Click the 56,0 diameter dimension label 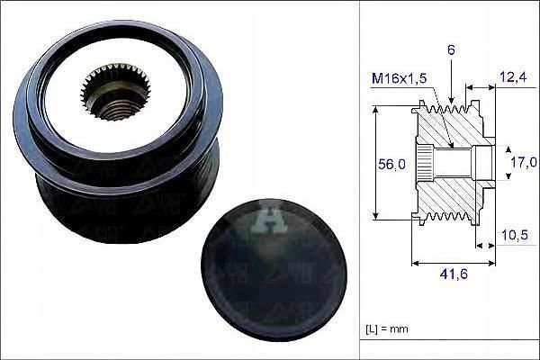click(x=391, y=165)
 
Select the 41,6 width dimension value click(x=454, y=274)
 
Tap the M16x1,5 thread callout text click(x=399, y=78)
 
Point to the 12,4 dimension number click(x=513, y=77)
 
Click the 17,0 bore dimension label click(x=524, y=162)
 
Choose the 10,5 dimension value click(x=515, y=235)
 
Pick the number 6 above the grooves click(x=451, y=50)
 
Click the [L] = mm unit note click(x=386, y=329)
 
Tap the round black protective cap click(x=274, y=270)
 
